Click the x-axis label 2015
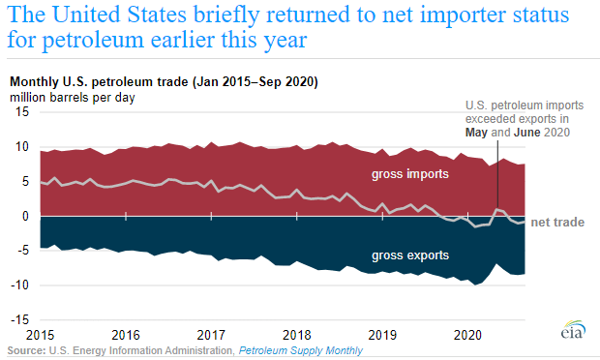41,335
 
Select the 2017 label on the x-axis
211,335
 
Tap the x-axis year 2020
468,335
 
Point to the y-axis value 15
22,111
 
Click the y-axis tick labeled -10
19,285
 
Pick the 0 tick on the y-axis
25,216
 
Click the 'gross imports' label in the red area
410,174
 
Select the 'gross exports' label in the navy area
410,255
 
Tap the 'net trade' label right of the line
557,223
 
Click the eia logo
573,330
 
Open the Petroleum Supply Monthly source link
301,350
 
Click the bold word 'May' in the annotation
476,133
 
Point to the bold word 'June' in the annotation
526,133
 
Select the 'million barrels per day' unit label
73,98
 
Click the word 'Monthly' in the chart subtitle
34,82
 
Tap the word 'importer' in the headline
467,15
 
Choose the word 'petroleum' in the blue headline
92,41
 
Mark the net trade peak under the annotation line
497,209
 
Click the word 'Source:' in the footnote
26,350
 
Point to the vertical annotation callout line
497,174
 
